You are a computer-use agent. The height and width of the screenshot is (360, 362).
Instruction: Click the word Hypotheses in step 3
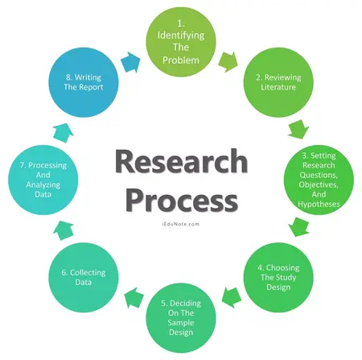[316, 204]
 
